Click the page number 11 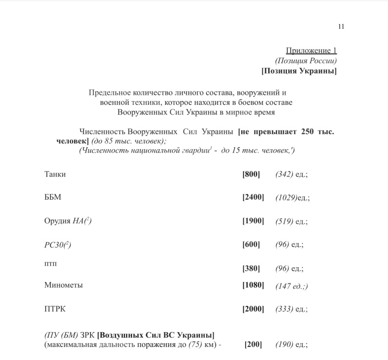341,27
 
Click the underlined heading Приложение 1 311,51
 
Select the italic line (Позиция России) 306,61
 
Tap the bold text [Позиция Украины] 299,71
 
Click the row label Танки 55,174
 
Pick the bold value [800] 251,174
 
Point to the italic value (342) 284,174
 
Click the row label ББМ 52,197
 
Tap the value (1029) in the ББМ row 286,198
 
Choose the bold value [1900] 253,221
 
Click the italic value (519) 284,221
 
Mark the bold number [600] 251,244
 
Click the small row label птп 50,264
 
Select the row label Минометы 64,285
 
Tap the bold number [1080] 253,285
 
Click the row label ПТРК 54,309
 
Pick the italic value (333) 284,309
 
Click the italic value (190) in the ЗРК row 284,345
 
